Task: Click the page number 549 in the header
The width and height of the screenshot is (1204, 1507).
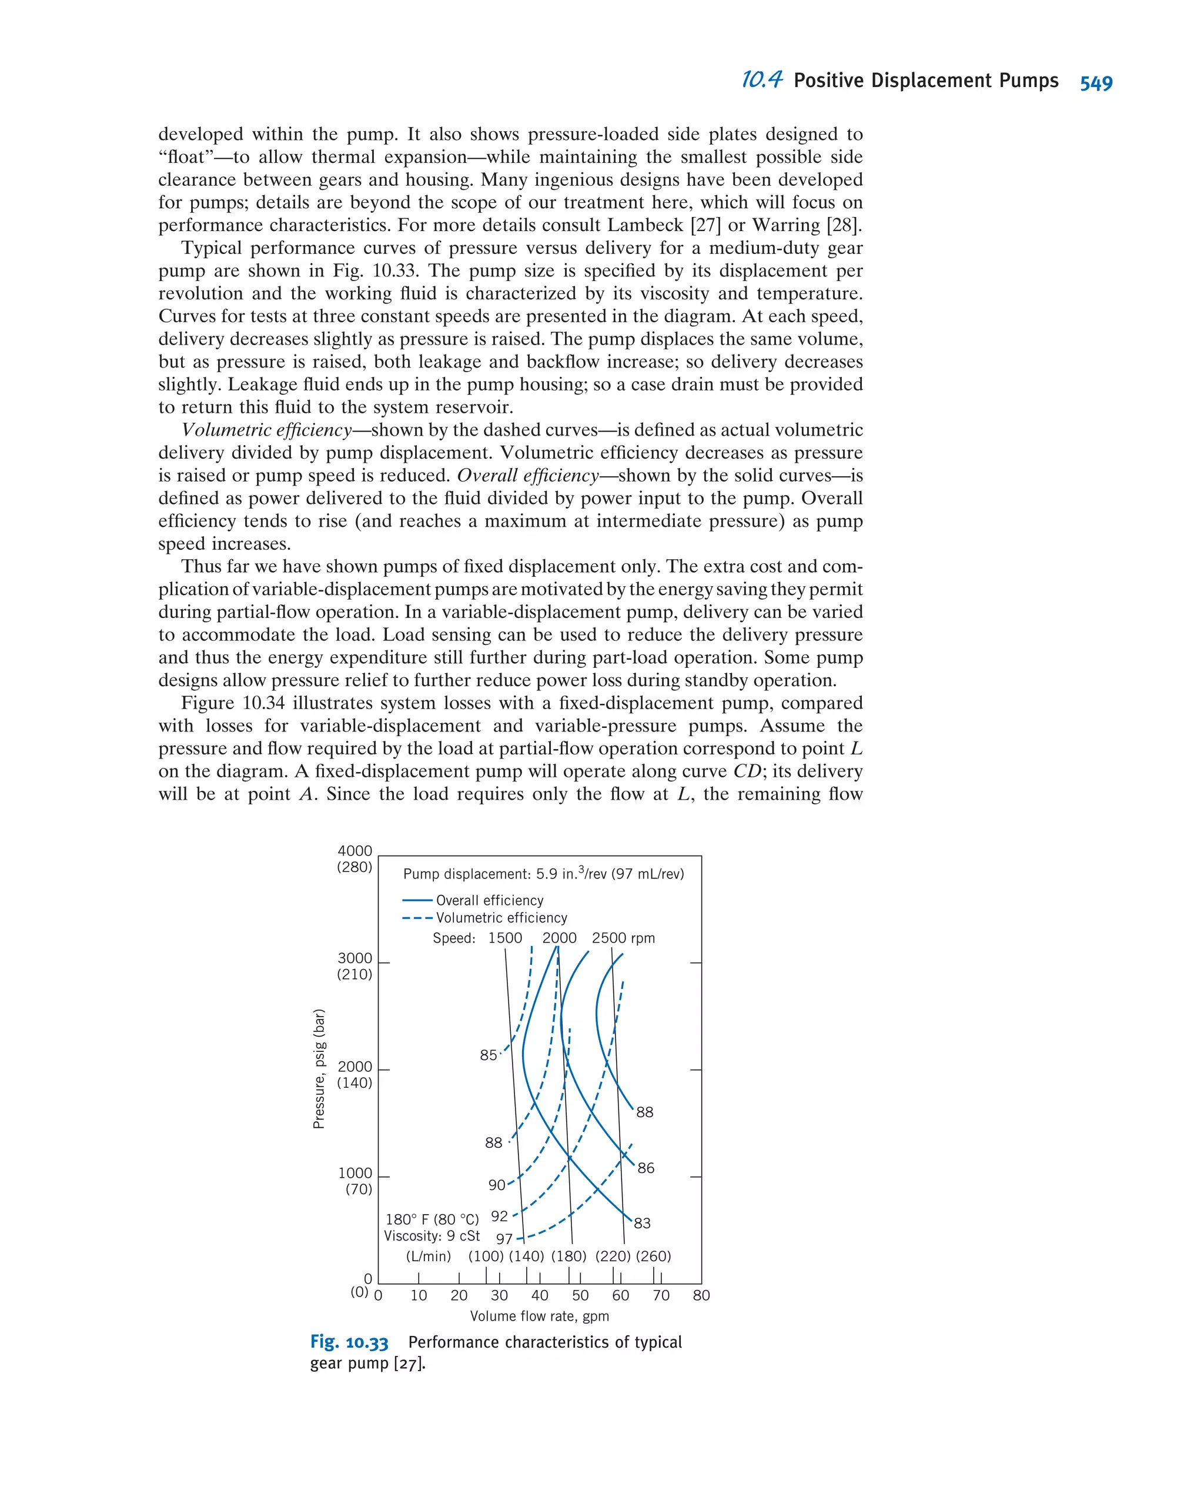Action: [x=1095, y=83]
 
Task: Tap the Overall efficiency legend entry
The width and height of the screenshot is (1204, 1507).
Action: [x=489, y=900]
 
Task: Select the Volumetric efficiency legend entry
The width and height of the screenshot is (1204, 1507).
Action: [x=501, y=918]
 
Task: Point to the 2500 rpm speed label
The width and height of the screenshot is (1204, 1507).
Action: [x=623, y=938]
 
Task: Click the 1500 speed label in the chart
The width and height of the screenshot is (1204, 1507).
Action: [x=504, y=938]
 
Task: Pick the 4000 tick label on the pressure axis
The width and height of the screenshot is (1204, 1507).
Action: [x=355, y=851]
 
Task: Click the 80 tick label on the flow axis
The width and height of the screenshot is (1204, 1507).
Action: [x=701, y=1295]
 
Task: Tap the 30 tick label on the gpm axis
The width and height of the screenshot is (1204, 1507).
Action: [x=499, y=1295]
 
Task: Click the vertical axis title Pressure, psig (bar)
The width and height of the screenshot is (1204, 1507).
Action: [x=319, y=1069]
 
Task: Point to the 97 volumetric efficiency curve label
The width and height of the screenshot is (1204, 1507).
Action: [x=504, y=1239]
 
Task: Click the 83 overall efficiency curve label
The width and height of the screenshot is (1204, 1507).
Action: [x=642, y=1223]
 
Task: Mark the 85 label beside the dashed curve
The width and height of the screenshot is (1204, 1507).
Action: [x=489, y=1055]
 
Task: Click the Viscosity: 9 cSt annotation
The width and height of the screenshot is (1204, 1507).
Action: [x=431, y=1236]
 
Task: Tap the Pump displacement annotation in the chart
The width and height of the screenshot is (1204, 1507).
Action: [x=543, y=874]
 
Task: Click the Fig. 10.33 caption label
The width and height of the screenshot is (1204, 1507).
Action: [x=349, y=1342]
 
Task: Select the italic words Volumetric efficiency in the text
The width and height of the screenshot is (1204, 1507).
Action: [x=266, y=430]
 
